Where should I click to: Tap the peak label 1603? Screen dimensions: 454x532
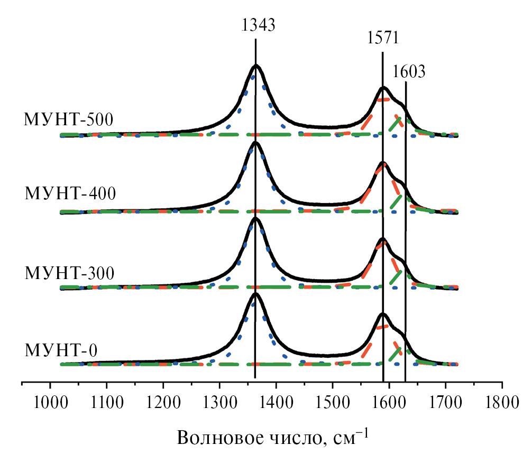pos(409,71)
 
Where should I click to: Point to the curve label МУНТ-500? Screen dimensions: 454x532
pos(68,119)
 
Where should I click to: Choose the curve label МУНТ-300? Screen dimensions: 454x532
pos(70,273)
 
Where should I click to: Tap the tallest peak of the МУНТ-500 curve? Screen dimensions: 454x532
pos(256,66)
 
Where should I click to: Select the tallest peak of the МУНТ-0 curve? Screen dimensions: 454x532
pos(255,294)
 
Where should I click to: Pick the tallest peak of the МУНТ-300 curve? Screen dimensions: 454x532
pos(255,218)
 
